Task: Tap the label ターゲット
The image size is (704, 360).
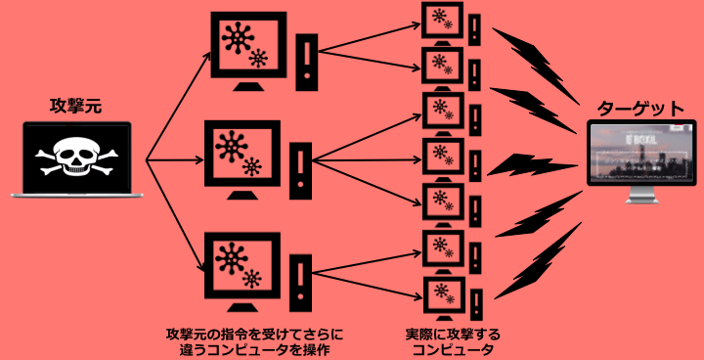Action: (x=640, y=108)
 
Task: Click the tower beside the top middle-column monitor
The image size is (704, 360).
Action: (x=309, y=62)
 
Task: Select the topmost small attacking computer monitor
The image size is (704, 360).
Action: (x=441, y=20)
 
